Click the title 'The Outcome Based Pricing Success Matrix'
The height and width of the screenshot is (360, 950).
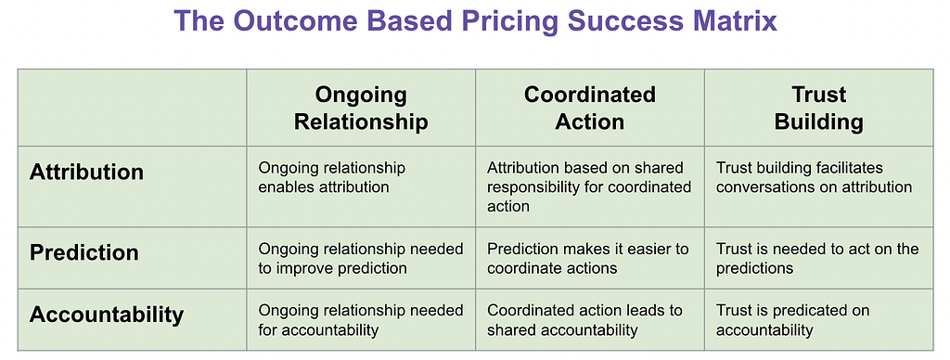pos(476,21)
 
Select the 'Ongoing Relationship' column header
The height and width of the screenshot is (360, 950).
pos(361,108)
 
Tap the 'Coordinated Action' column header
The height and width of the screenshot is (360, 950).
pos(589,108)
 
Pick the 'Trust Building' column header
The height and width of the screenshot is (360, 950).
pos(818,108)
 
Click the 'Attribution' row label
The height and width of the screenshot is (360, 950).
pos(86,173)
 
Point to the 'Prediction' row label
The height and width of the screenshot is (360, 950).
pos(84,252)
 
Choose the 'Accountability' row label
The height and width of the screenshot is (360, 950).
pos(107,315)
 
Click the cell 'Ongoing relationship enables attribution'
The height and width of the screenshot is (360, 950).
pos(332,177)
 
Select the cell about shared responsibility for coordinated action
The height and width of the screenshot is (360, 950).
pos(589,186)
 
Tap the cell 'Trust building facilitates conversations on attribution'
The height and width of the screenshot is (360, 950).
pos(814,177)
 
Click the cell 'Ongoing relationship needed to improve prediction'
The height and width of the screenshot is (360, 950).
pos(361,258)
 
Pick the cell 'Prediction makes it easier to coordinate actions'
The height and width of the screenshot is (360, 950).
pos(587,258)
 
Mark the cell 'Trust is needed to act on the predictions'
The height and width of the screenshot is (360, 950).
pos(817,258)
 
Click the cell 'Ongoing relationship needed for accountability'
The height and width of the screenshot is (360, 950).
pos(361,320)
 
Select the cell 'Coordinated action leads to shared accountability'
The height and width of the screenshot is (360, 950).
pos(584,320)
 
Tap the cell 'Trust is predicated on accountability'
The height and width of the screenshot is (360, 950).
pos(792,320)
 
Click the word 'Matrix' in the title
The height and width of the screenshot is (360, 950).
pos(733,21)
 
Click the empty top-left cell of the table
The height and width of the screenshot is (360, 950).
pos(132,108)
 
